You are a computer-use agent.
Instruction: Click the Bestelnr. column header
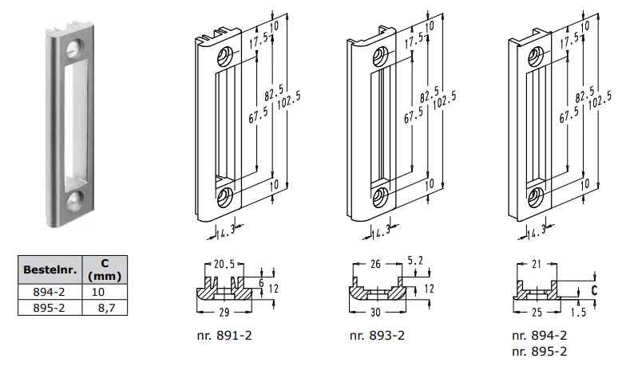(x=49, y=270)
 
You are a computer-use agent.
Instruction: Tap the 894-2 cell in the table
(x=49, y=292)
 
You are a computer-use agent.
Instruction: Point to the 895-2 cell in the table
(x=49, y=307)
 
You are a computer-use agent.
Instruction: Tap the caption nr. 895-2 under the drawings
(x=540, y=350)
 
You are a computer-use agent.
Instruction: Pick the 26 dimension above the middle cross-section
(x=376, y=264)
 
